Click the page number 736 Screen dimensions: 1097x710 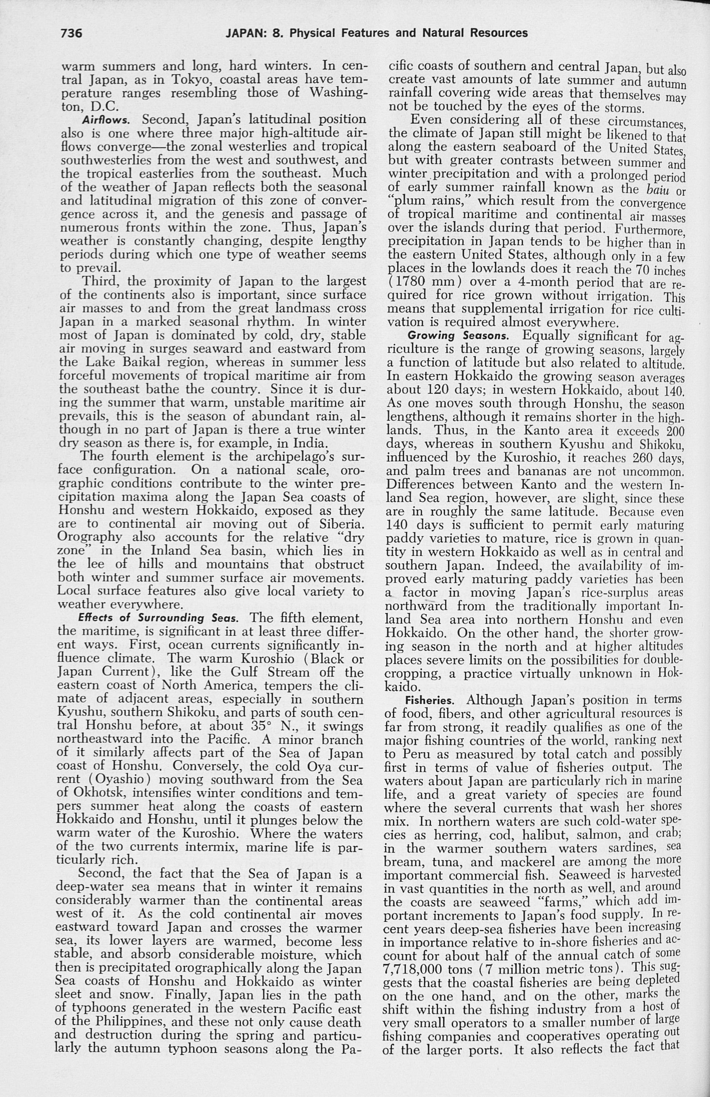(71, 33)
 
